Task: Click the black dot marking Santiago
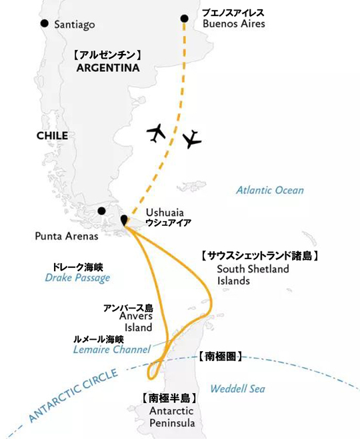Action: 44,24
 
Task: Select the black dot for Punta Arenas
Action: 101,211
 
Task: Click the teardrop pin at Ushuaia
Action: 123,219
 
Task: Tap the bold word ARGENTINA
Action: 107,68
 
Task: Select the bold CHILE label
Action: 51,136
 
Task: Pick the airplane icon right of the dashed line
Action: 192,139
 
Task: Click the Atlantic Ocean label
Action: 270,191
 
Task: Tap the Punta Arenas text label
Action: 66,236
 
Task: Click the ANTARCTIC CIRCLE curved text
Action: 74,398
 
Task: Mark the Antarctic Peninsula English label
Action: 169,417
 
